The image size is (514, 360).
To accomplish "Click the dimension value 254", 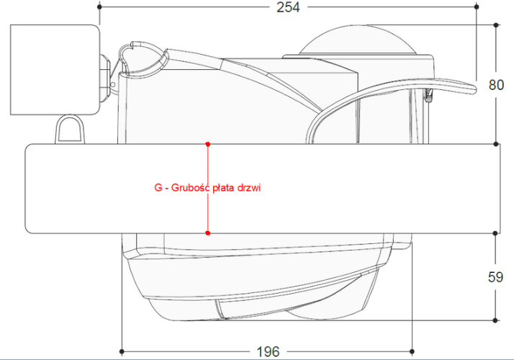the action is click(x=288, y=7).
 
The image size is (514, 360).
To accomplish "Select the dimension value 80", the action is click(x=496, y=85).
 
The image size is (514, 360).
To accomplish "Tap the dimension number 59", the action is click(x=495, y=277).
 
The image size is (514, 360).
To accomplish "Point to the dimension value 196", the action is click(x=268, y=352).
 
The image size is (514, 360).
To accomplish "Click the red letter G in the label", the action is click(x=158, y=188).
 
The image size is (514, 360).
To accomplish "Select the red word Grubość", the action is click(x=190, y=187).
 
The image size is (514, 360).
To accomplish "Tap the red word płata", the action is click(x=223, y=188).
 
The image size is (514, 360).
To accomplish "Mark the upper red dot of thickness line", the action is click(x=207, y=144).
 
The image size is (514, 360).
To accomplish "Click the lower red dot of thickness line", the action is click(x=207, y=233).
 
